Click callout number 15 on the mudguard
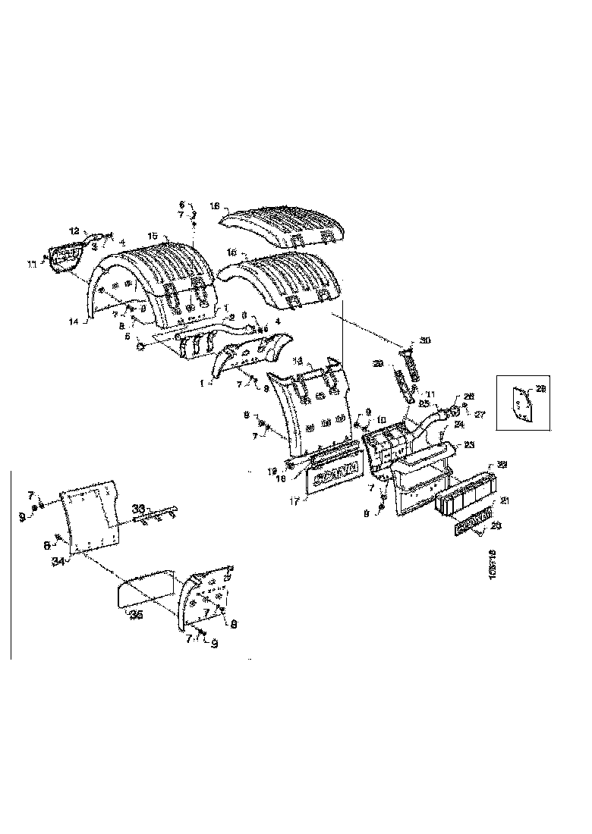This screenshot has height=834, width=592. tap(152, 236)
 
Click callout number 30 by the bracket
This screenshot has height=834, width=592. tap(424, 341)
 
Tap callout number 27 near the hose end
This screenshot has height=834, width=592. tap(480, 415)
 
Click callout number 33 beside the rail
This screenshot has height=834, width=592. tap(138, 507)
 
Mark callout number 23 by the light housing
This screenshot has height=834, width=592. tap(470, 445)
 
